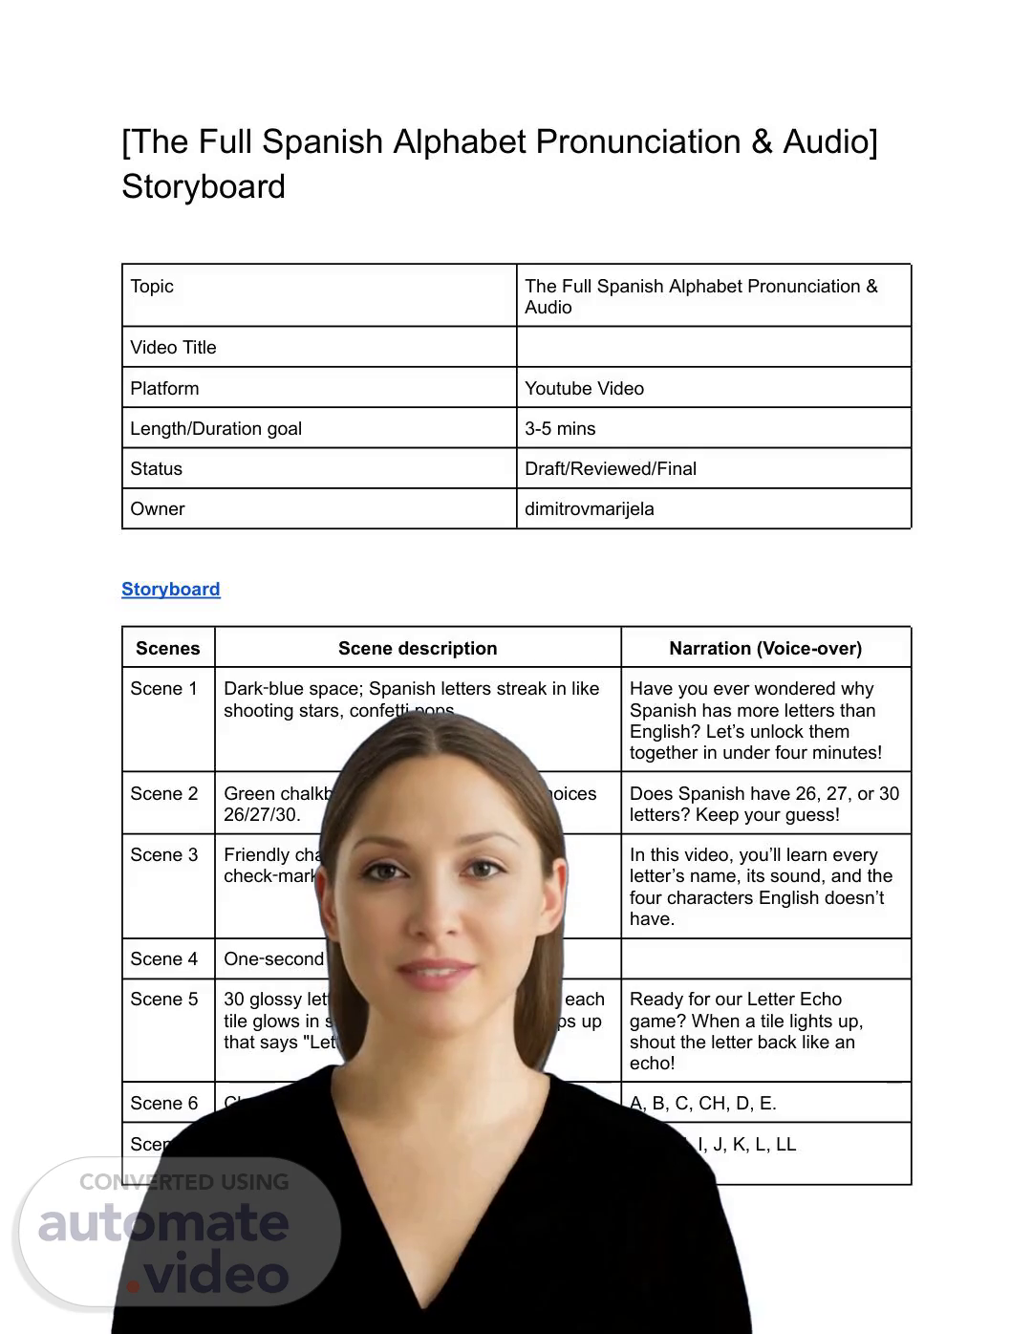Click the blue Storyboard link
coord(170,589)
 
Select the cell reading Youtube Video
coord(584,388)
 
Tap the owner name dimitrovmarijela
coord(589,508)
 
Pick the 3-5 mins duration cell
coord(560,428)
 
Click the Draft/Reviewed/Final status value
coord(610,468)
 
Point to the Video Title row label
coord(173,347)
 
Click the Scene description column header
coord(418,648)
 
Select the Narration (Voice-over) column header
coord(765,648)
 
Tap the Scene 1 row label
coord(164,688)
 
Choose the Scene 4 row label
coord(164,958)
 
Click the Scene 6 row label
coord(164,1103)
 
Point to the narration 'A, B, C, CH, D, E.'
coord(703,1103)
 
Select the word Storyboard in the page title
coord(204,185)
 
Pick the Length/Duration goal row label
coord(216,428)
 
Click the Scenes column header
coord(168,648)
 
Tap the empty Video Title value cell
coord(713,347)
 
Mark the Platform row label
coord(164,388)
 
